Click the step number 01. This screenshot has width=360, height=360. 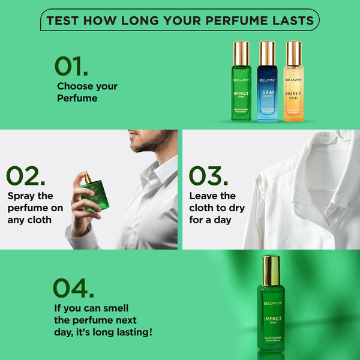(71, 66)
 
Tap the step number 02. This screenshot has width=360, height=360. (25, 176)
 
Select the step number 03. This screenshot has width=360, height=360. (208, 176)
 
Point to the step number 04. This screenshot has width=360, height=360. (73, 288)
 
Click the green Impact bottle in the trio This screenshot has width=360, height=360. (241, 90)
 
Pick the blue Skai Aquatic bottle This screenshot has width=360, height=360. (268, 90)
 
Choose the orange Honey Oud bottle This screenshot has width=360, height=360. (293, 90)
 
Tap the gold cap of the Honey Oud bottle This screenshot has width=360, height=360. (293, 53)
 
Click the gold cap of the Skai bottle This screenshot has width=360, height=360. (268, 53)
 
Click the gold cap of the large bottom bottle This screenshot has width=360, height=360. (271, 269)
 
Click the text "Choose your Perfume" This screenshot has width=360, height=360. (87, 92)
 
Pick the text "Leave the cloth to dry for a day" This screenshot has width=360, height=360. (216, 208)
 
